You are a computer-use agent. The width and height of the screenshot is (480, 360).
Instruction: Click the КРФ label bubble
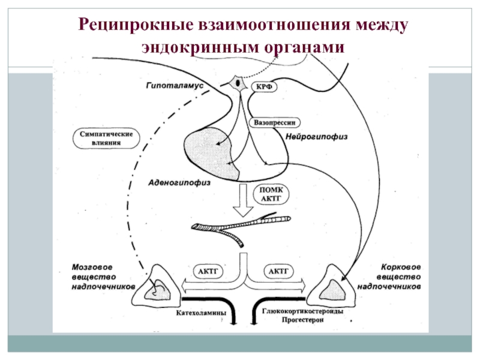click(264, 87)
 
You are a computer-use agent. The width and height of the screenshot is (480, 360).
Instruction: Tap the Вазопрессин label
click(275, 123)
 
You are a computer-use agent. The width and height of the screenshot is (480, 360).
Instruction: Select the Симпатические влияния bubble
click(106, 139)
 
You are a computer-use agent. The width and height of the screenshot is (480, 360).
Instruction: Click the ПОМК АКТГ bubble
click(271, 194)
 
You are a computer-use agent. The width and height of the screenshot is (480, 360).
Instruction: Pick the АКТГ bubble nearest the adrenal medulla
click(208, 271)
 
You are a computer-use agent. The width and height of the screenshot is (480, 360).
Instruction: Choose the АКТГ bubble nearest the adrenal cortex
click(278, 271)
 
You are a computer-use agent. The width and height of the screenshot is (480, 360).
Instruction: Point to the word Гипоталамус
click(175, 85)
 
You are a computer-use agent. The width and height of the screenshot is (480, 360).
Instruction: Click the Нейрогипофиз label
click(317, 137)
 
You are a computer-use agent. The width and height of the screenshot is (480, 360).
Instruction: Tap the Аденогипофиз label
click(179, 183)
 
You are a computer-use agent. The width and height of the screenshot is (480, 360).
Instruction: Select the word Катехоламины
click(201, 313)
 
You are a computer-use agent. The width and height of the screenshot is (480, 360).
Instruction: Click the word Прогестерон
click(302, 320)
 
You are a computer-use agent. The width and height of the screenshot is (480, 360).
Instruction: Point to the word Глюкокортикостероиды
click(302, 311)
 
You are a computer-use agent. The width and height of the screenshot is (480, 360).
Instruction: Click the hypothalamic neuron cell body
click(238, 83)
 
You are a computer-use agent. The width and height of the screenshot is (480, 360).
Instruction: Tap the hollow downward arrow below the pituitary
click(243, 200)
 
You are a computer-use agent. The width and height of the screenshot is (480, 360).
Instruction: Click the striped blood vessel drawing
click(242, 228)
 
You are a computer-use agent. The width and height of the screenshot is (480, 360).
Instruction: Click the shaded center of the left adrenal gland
click(158, 290)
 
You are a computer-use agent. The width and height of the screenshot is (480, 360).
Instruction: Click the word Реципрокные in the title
click(136, 25)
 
